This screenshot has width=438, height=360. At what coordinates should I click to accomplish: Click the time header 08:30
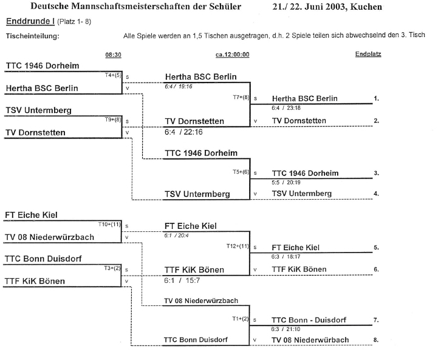113,55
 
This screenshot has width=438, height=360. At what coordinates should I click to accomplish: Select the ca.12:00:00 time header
233,55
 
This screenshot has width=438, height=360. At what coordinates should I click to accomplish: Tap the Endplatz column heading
368,55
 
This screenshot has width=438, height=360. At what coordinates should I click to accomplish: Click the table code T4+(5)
114,75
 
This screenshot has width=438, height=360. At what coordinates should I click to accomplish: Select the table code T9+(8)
114,120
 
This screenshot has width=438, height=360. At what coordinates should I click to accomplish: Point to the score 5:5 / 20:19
287,182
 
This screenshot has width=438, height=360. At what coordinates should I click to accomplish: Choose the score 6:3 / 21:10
287,328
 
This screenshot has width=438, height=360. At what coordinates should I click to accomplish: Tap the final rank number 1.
377,98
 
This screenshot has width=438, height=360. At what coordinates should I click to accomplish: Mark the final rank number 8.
377,339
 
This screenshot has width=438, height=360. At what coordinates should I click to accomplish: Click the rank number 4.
377,194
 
